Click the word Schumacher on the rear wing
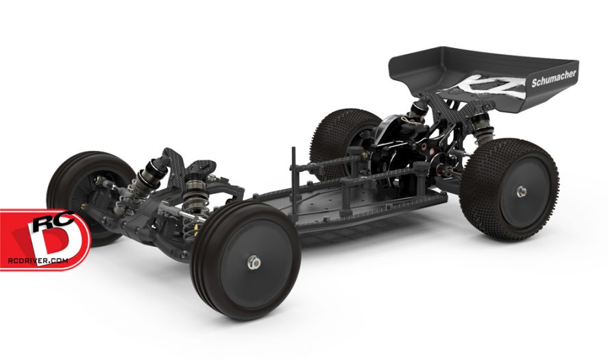click(x=554, y=78)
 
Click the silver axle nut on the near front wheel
click(x=254, y=263)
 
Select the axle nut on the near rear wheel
click(x=521, y=191)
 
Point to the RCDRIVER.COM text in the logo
click(x=38, y=261)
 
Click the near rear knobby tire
click(x=511, y=190)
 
